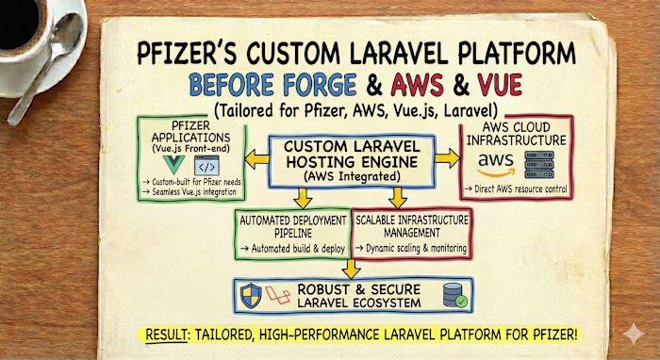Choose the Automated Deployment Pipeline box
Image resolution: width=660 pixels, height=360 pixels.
(293, 231)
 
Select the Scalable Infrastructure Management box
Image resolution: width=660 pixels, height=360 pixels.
(411, 231)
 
